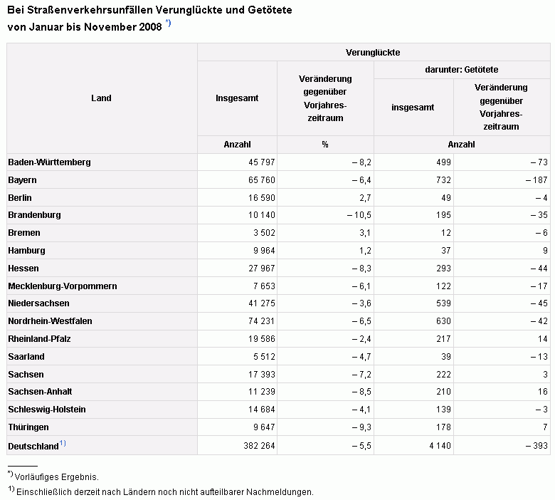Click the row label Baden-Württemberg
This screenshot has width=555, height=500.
pyautogui.click(x=49, y=162)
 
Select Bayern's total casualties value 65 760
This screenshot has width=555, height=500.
pyautogui.click(x=262, y=180)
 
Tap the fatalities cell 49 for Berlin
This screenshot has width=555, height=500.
pyautogui.click(x=446, y=198)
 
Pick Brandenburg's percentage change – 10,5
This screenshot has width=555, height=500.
pyautogui.click(x=359, y=215)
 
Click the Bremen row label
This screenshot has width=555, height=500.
pyautogui.click(x=24, y=233)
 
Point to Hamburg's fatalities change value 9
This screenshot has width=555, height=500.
pyautogui.click(x=545, y=251)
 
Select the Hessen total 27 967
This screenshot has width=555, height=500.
pyautogui.click(x=262, y=269)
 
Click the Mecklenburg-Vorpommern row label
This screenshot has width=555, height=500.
pyautogui.click(x=63, y=286)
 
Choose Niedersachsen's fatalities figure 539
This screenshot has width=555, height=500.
pyautogui.click(x=443, y=303)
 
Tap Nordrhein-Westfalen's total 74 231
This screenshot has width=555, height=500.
pyautogui.click(x=262, y=321)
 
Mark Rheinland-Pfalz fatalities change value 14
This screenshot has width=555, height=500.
pyautogui.click(x=543, y=339)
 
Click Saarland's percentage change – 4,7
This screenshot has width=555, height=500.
pyautogui.click(x=361, y=357)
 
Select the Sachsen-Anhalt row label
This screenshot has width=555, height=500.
pyautogui.click(x=40, y=392)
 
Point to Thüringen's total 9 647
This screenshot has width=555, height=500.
pyautogui.click(x=264, y=427)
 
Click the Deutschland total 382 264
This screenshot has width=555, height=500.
pyautogui.click(x=259, y=445)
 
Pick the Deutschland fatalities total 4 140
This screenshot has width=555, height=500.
pyautogui.click(x=440, y=445)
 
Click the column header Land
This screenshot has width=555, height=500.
pyautogui.click(x=101, y=98)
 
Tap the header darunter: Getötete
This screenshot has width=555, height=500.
pyautogui.click(x=462, y=70)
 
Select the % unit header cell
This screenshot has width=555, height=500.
pyautogui.click(x=325, y=144)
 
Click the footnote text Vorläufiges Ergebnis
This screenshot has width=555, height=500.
pyautogui.click(x=57, y=477)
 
